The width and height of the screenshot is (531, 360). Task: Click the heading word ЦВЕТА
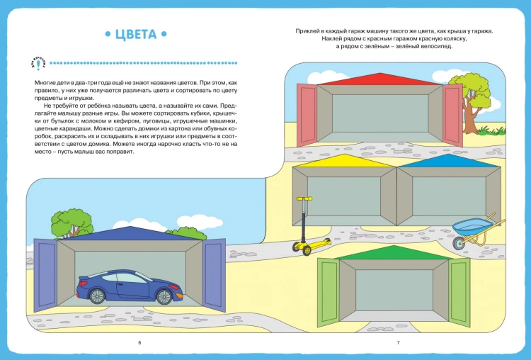pos(136,34)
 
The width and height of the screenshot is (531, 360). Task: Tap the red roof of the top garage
pos(380,79)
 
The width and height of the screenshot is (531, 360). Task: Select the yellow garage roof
pos(344,161)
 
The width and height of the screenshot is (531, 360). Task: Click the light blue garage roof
pos(449,161)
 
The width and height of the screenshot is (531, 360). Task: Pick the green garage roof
pos(394,253)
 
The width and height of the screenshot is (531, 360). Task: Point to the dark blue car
pos(130,287)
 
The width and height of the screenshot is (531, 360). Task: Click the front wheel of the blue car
pos(164,297)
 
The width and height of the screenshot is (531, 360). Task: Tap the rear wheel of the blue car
pos(97,296)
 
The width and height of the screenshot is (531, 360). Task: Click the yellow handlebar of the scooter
pos(304,199)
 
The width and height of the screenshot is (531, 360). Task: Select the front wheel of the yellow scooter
pos(307,250)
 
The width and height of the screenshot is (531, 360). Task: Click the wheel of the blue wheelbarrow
pos(459,242)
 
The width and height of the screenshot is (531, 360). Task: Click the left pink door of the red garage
pos(307,116)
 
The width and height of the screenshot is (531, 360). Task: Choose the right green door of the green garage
pos(459,291)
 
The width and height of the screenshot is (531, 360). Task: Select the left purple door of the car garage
pos(45,274)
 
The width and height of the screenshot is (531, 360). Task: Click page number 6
pos(139,343)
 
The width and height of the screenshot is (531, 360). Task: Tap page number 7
pos(398,343)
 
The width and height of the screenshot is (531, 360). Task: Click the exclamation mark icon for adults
pos(38,63)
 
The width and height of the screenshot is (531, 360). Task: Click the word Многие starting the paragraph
pos(44,83)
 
